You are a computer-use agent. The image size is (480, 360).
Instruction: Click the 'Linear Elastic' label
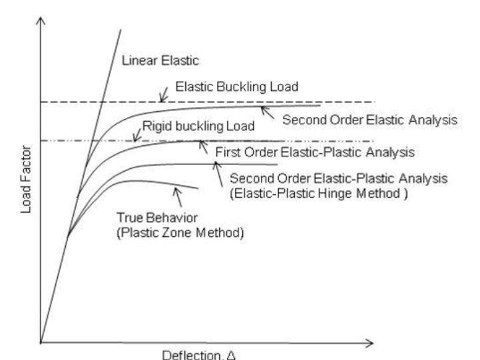click(152, 61)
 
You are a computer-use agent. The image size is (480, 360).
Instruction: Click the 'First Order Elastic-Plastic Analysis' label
click(315, 152)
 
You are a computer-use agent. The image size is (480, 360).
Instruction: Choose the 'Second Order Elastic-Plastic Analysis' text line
click(338, 179)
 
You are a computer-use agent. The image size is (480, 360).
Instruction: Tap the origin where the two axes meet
click(41, 343)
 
